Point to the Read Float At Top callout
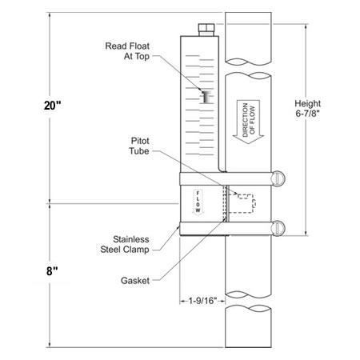(x=127, y=52)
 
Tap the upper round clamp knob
(x=279, y=177)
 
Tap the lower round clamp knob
(x=279, y=227)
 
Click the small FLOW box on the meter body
(x=197, y=203)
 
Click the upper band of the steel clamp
(x=224, y=178)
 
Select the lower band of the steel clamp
(x=224, y=228)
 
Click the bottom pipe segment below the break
(x=247, y=327)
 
